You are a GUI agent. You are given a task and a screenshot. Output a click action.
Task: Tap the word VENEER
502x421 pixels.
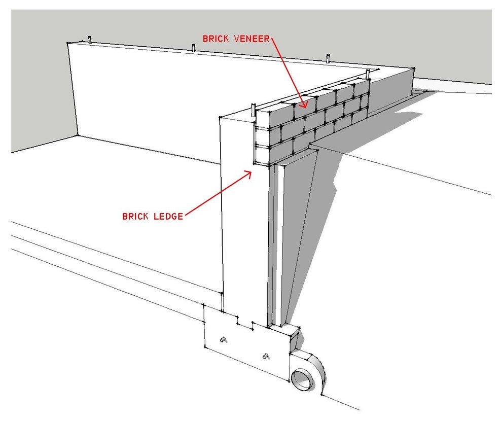click(250, 39)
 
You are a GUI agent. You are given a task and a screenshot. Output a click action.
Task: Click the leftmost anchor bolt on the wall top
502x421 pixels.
click(90, 40)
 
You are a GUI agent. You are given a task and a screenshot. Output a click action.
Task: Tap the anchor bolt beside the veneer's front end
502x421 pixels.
click(252, 110)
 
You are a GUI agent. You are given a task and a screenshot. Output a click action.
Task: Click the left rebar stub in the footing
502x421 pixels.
click(223, 339)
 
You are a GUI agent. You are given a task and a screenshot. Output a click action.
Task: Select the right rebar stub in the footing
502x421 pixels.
click(265, 356)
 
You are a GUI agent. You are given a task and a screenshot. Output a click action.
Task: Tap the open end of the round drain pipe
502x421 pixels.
click(303, 379)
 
